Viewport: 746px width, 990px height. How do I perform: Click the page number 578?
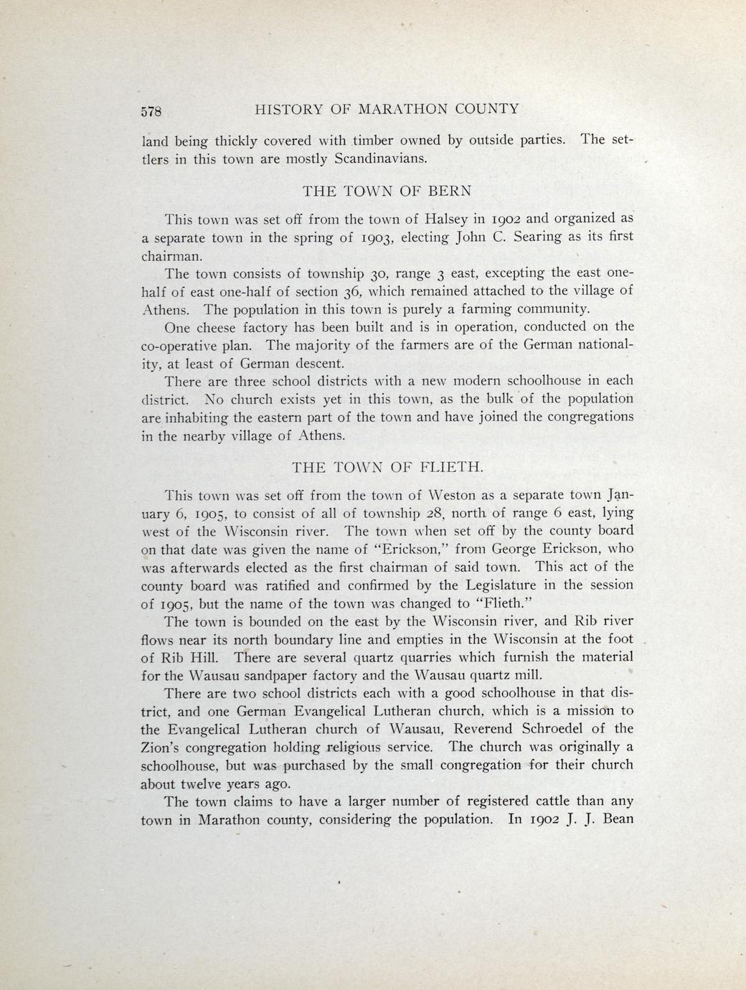(153, 111)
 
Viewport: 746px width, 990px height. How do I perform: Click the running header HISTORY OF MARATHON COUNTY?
(387, 109)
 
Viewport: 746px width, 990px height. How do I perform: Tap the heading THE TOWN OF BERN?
(387, 192)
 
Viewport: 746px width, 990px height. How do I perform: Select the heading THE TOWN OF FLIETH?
(388, 468)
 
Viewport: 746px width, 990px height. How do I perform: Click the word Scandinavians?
(381, 159)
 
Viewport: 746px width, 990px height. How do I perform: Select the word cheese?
(217, 327)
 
